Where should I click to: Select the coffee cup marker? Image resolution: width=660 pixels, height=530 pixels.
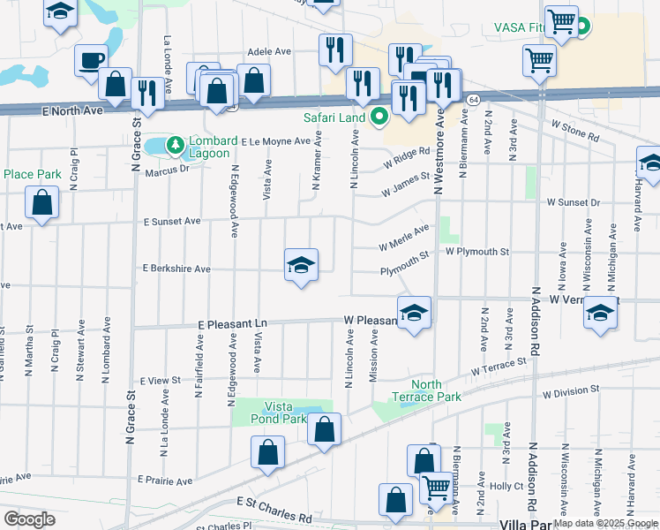point(91,60)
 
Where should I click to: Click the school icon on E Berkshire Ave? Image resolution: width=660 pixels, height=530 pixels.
point(301,265)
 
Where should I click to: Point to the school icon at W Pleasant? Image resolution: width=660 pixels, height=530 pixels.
point(414,313)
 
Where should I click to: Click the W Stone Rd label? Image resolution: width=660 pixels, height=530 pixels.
point(574,131)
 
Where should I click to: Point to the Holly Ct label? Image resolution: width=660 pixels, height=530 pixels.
point(506,486)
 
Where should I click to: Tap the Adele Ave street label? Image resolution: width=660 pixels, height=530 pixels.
point(269,52)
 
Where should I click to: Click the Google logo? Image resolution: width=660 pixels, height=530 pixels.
point(30,519)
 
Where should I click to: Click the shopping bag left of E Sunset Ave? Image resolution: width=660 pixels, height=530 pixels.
point(41,202)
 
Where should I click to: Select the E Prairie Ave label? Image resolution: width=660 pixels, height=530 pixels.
point(165,481)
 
